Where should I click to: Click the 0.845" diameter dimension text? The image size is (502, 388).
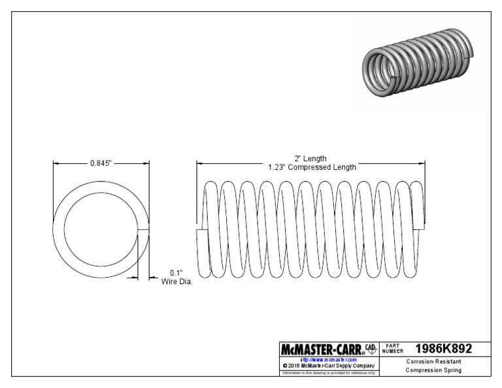pyautogui.click(x=102, y=163)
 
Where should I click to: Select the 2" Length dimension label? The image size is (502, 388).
pyautogui.click(x=311, y=158)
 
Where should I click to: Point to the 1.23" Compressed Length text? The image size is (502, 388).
pyautogui.click(x=312, y=167)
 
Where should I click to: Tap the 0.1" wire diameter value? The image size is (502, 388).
pyautogui.click(x=176, y=272)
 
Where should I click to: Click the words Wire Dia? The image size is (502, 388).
pyautogui.click(x=176, y=282)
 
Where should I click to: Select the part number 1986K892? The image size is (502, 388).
pyautogui.click(x=443, y=349)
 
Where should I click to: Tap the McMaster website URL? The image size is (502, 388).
pyautogui.click(x=327, y=359)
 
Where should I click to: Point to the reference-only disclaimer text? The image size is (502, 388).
pyautogui.click(x=327, y=373)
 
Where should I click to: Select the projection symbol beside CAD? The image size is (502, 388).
pyautogui.click(x=371, y=349)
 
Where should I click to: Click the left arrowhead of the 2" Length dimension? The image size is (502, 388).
pyautogui.click(x=199, y=163)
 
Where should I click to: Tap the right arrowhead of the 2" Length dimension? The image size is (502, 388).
pyautogui.click(x=424, y=163)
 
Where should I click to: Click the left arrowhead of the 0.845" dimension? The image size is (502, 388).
pyautogui.click(x=55, y=163)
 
